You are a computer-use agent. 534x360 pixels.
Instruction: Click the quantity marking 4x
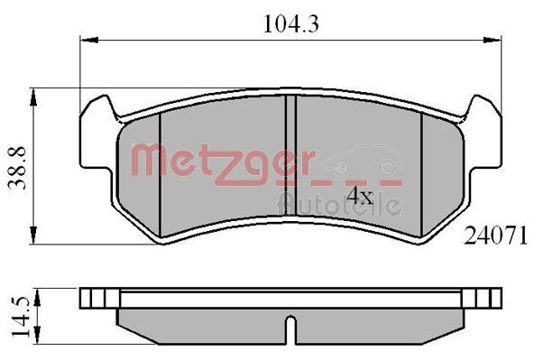pyautogui.click(x=360, y=195)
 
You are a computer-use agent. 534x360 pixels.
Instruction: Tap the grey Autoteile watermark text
pyautogui.click(x=338, y=203)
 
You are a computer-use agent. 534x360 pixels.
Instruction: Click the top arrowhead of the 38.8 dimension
pyautogui.click(x=33, y=93)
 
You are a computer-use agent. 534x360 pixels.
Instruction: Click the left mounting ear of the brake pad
pyautogui.click(x=95, y=135)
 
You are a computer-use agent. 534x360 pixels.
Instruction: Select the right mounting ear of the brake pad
pyautogui.click(x=487, y=135)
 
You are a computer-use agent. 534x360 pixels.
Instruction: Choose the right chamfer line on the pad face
pyautogui.click(x=423, y=171)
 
